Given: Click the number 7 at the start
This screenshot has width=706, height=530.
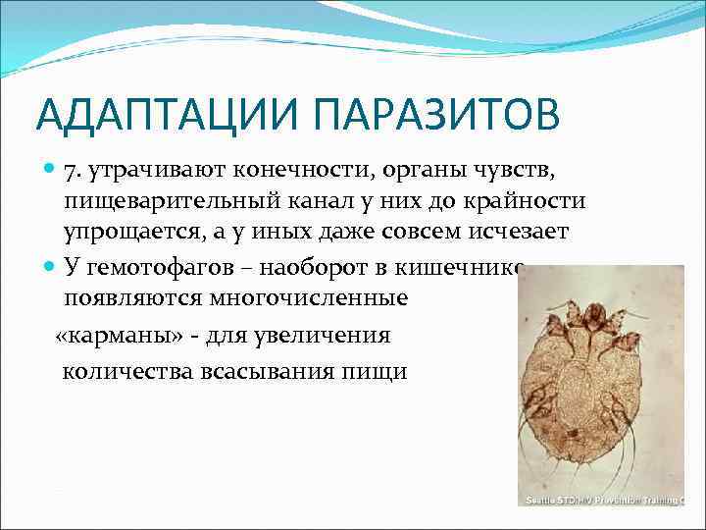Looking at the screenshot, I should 73,173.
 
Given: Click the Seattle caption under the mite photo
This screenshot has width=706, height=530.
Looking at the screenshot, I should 604,501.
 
